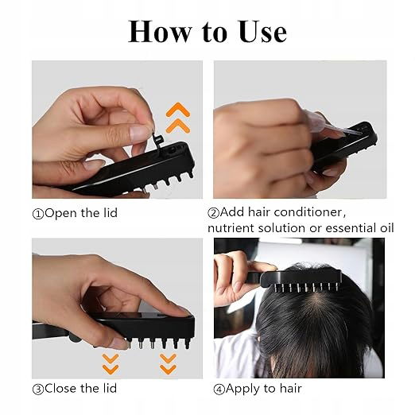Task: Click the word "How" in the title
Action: (160, 32)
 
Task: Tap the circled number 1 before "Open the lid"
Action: (38, 214)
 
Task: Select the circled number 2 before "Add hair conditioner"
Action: (213, 213)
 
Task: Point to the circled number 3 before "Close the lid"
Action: (38, 390)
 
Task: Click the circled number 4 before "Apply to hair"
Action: (219, 390)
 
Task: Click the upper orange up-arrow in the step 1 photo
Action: (178, 109)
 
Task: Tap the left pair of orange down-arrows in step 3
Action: (111, 364)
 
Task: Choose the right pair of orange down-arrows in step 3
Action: (168, 364)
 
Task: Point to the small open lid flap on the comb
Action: (157, 139)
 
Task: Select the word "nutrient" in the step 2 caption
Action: (231, 228)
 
